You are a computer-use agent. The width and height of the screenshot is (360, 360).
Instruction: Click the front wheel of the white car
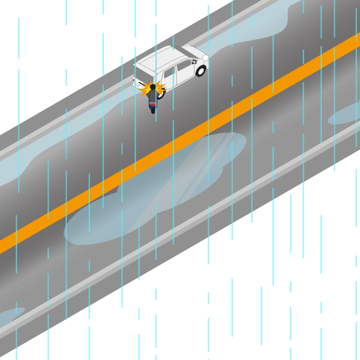coord(201,71)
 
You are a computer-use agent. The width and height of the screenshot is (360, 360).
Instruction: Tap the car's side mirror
coord(194,62)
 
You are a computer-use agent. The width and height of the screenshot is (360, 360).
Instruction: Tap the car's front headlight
coord(205,58)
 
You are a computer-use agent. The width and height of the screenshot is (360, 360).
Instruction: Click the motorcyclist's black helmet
coord(153,87)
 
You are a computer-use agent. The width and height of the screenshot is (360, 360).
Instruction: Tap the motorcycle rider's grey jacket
coord(153,95)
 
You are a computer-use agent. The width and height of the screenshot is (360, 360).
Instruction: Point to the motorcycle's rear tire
coord(153,110)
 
